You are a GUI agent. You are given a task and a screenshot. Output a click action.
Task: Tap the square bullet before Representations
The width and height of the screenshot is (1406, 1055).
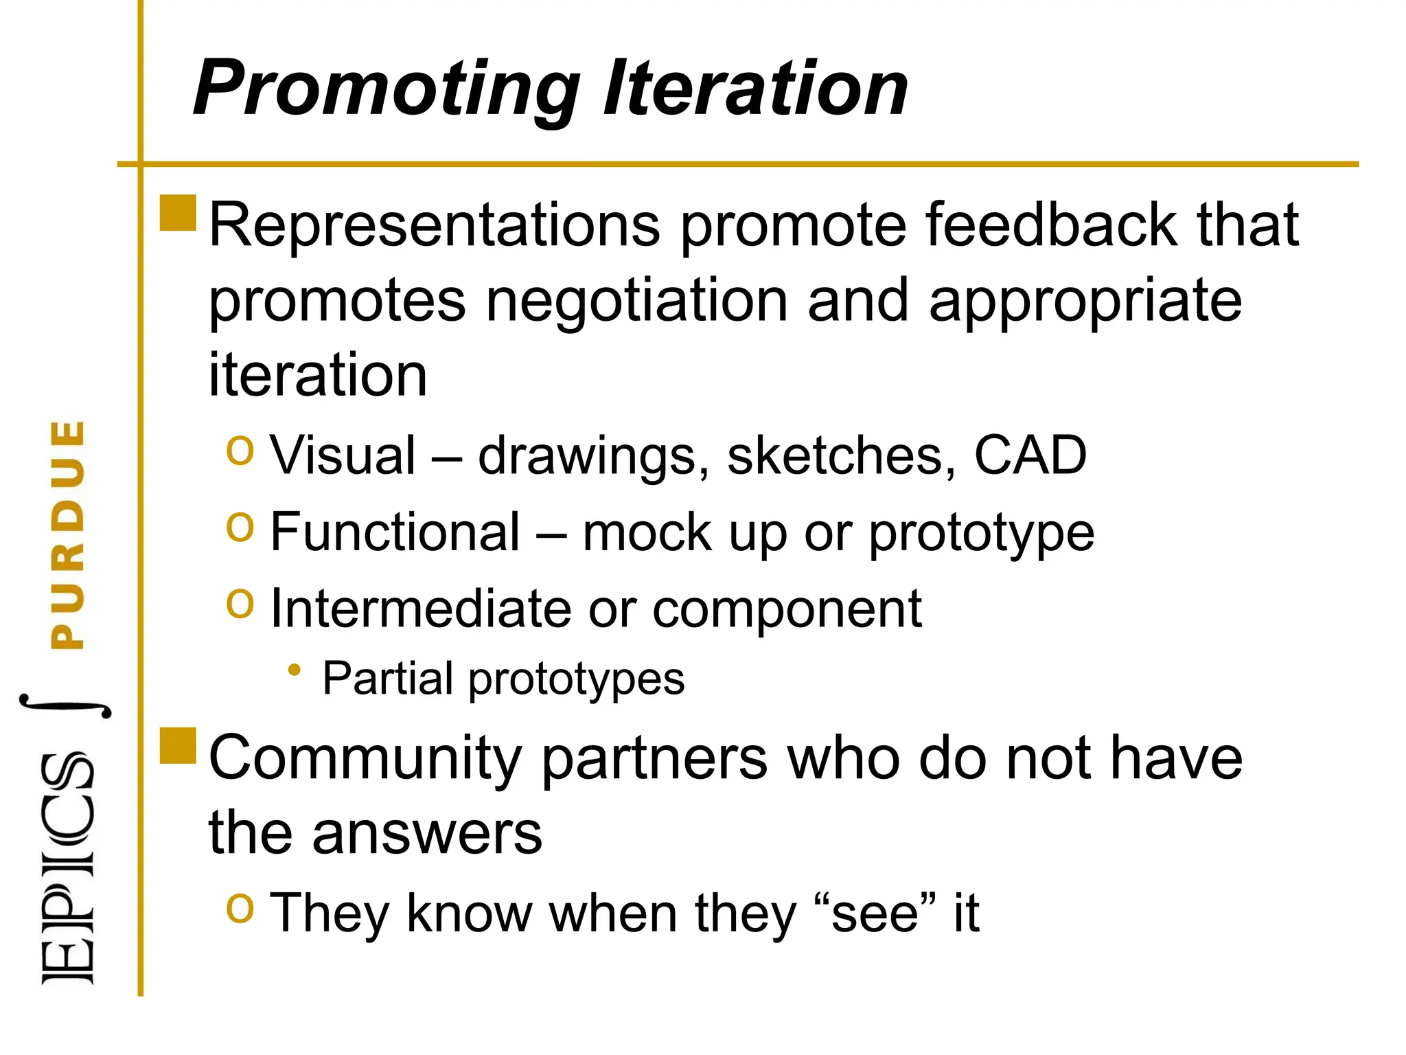click(178, 213)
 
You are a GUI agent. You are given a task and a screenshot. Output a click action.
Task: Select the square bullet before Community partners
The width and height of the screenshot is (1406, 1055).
click(178, 746)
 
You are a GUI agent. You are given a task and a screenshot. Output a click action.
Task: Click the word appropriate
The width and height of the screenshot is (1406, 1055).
click(1085, 302)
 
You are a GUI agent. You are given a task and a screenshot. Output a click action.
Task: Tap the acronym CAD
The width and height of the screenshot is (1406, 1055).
click(1030, 455)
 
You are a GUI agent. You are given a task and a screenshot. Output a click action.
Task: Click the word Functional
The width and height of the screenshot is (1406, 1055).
click(395, 532)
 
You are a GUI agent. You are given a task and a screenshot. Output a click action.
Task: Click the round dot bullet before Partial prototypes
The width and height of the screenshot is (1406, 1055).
click(295, 670)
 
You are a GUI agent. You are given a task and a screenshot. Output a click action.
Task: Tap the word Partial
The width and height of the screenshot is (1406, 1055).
click(388, 679)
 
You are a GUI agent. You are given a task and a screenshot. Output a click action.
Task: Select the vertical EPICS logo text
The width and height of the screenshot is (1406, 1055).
click(68, 869)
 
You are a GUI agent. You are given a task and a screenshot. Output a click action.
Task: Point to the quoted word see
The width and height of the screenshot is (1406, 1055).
click(875, 914)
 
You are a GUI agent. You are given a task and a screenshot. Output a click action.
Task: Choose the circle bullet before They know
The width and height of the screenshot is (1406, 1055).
click(240, 909)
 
